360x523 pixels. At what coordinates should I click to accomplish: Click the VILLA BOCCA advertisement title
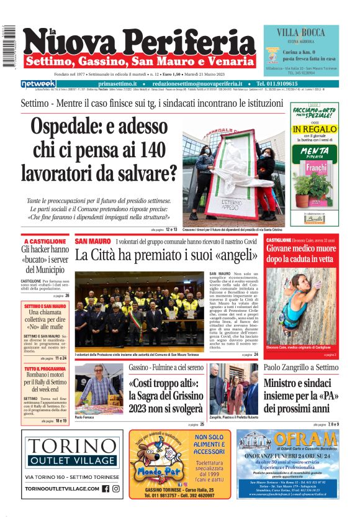(301, 32)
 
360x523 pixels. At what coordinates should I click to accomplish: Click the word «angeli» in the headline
(230, 255)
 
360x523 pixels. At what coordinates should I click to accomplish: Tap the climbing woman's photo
(301, 307)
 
